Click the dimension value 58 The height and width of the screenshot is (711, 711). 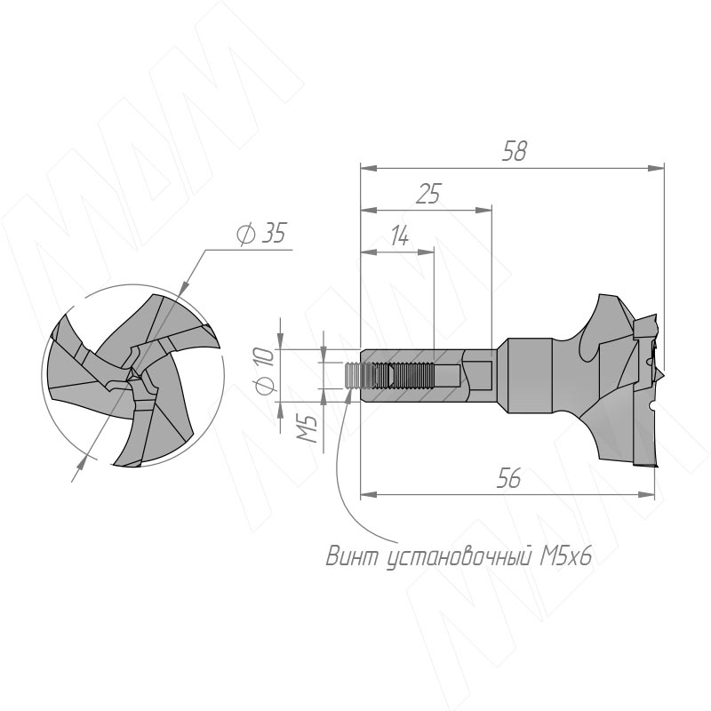(x=515, y=151)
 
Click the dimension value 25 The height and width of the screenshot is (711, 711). (x=428, y=194)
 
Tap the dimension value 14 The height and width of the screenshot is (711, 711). (x=399, y=236)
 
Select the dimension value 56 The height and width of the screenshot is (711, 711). (x=508, y=478)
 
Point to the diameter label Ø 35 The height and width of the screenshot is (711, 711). (x=261, y=234)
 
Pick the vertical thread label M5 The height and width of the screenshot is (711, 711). (x=308, y=428)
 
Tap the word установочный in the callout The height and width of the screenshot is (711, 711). (x=459, y=557)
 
